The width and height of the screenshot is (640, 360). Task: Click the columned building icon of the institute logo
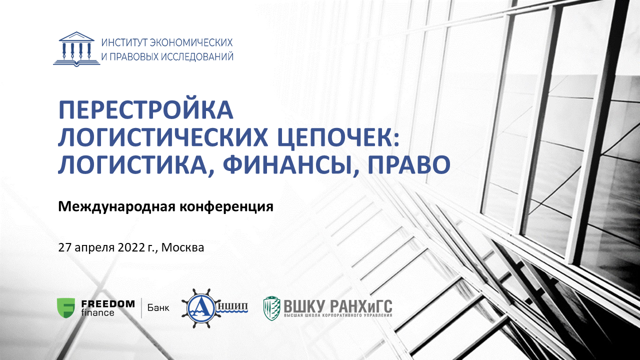click(x=76, y=49)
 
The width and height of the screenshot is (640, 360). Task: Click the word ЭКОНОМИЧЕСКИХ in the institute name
click(x=191, y=42)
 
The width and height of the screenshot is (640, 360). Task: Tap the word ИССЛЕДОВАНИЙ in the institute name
click(x=197, y=56)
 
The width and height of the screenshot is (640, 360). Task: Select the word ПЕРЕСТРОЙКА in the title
click(x=145, y=110)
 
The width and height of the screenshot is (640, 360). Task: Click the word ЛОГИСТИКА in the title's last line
click(x=132, y=165)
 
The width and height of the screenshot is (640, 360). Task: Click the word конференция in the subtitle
click(x=226, y=207)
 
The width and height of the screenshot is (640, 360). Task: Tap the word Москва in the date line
click(x=183, y=247)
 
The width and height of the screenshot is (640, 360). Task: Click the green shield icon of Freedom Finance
click(x=66, y=308)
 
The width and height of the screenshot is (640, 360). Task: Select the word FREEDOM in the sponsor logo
click(x=108, y=303)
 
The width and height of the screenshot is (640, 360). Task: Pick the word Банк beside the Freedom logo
click(x=158, y=308)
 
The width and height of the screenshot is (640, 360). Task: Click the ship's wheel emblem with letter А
click(x=200, y=308)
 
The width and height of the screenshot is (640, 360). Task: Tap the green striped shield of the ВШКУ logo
click(x=271, y=308)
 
